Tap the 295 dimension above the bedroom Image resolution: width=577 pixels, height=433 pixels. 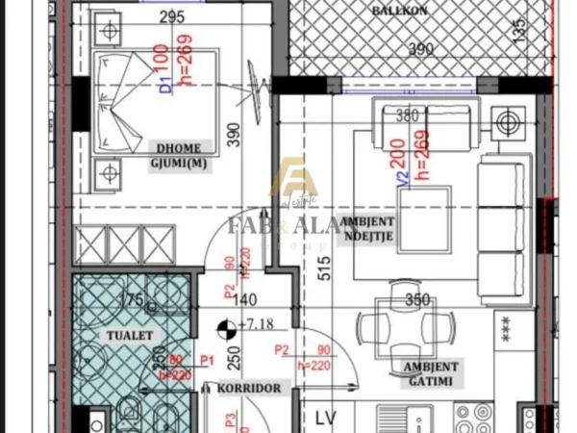(172, 16)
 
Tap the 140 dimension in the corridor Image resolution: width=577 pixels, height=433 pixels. (248, 298)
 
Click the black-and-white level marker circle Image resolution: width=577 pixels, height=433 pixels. (225, 328)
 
